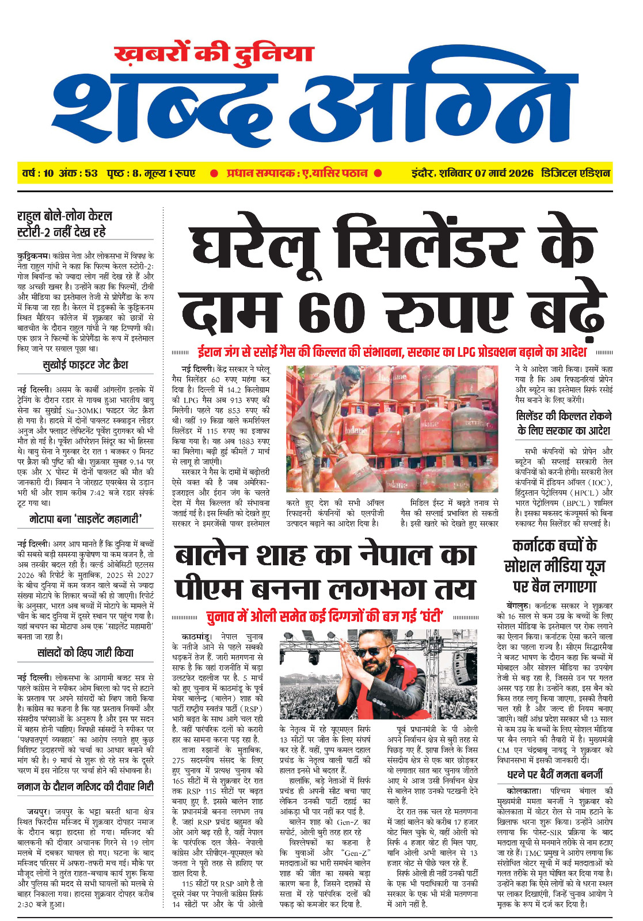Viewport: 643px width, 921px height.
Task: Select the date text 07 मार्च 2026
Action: pos(504,173)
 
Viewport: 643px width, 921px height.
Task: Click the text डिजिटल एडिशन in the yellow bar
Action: pos(575,173)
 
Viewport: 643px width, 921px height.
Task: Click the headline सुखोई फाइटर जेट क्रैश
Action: pos(85,365)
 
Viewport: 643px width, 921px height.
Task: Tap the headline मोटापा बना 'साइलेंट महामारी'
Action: pos(85,519)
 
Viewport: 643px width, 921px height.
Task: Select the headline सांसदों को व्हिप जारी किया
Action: pos(85,653)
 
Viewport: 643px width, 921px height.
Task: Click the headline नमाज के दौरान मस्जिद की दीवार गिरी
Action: pos(85,786)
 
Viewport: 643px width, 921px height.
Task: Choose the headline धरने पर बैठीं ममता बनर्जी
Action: pos(555,774)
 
